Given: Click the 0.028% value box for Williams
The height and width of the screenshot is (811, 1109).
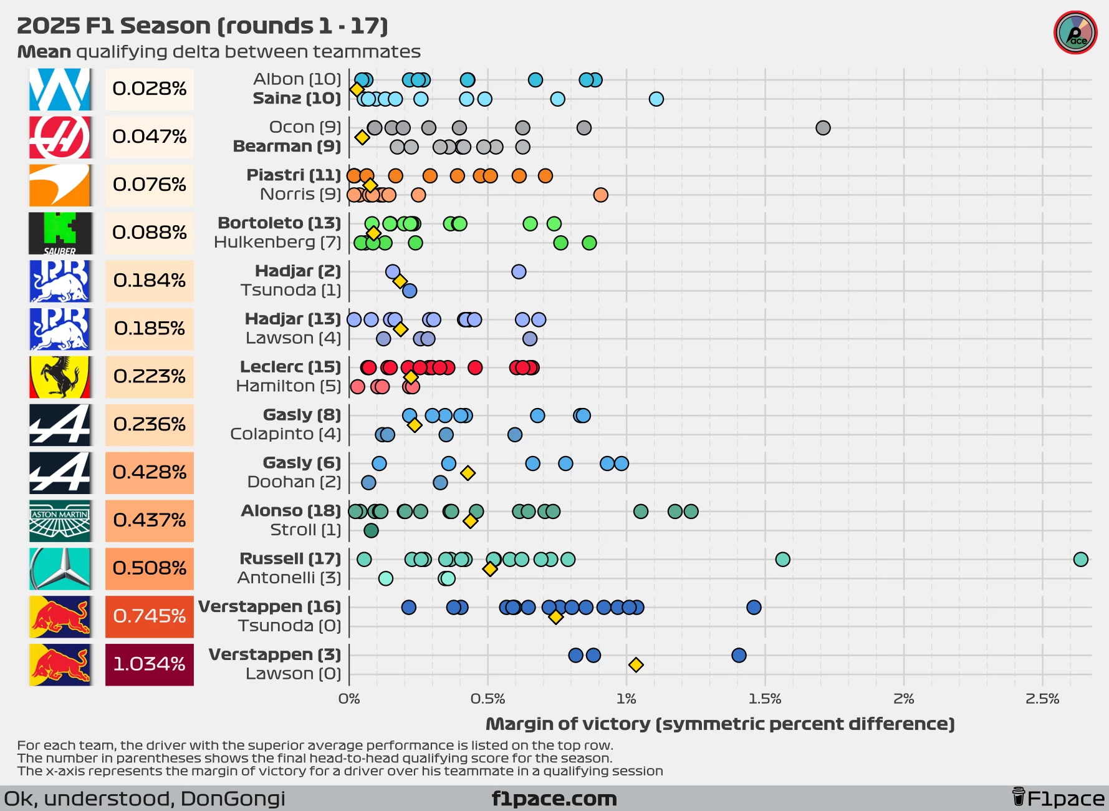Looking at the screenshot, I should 149,89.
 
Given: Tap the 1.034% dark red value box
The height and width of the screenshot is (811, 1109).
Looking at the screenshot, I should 149,664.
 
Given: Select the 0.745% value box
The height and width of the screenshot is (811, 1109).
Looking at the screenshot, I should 149,616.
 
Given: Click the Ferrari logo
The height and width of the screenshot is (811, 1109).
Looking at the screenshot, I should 60,377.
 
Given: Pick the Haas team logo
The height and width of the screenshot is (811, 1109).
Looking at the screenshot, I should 60,137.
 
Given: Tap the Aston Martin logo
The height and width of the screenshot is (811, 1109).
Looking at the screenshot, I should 60,520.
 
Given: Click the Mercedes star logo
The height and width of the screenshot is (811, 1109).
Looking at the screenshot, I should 60,568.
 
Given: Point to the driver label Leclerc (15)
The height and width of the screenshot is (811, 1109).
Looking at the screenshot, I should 290,367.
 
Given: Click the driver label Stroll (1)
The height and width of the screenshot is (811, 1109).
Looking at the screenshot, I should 305,530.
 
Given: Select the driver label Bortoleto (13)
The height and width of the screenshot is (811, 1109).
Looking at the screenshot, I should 279,223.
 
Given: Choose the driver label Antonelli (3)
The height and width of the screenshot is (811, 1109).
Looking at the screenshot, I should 289,578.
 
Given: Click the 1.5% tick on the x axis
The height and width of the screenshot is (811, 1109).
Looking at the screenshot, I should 765,699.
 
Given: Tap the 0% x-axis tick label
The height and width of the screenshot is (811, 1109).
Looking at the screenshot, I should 349,699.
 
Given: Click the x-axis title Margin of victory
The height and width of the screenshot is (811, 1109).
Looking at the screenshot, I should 720,724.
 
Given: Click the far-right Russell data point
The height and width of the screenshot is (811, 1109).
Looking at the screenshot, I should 1081,559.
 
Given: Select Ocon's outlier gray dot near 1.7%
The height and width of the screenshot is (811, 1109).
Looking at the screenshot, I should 823,128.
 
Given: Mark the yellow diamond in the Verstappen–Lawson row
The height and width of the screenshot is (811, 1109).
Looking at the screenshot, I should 636,665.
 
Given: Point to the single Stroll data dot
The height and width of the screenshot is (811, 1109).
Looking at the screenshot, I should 371,530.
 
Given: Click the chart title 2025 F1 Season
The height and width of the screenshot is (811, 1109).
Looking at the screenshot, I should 203,26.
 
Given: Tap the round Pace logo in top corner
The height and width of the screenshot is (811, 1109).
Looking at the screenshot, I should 1075,33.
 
